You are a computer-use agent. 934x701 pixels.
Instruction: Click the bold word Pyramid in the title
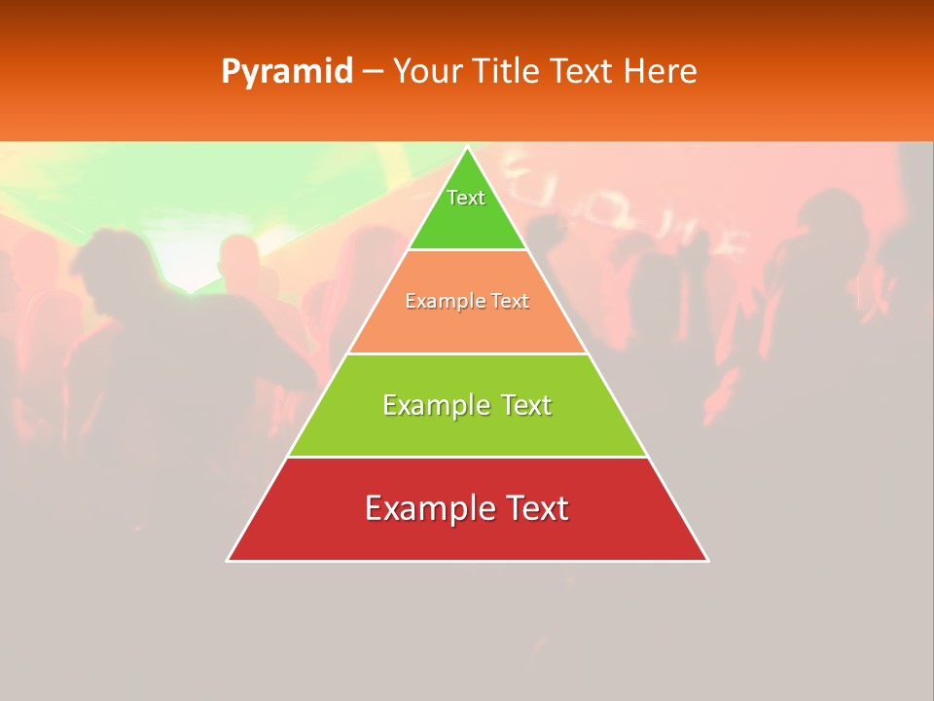286,72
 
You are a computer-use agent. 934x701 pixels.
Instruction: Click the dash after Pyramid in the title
372,72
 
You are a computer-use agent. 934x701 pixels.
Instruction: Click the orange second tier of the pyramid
467,326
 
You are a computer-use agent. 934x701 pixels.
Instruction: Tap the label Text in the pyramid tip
466,198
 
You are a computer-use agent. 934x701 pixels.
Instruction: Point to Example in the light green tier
436,405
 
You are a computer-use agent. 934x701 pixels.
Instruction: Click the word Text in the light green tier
526,405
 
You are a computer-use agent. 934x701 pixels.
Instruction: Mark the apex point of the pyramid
467,148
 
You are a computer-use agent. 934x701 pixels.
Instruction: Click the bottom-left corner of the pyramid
228,560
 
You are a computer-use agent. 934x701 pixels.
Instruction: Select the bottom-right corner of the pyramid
707,560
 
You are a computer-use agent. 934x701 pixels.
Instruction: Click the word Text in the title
579,71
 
